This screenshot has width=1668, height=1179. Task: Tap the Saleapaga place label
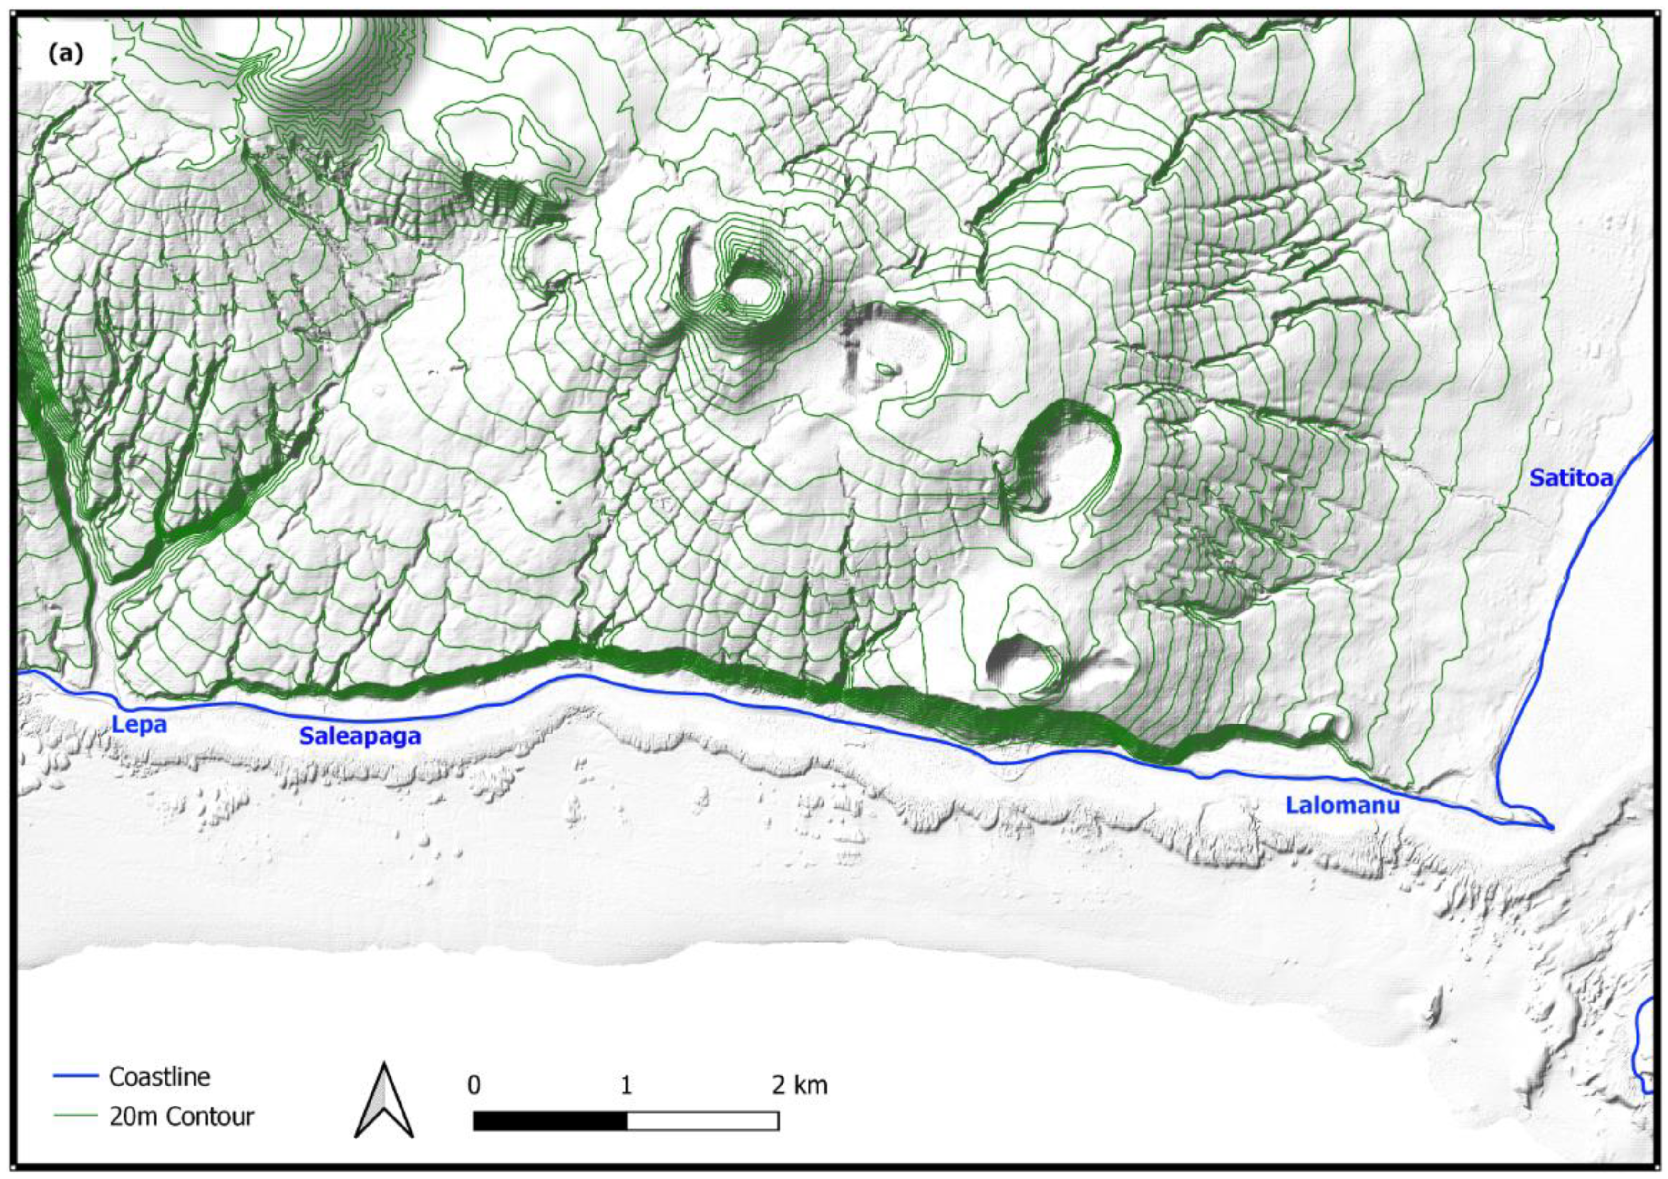coord(360,736)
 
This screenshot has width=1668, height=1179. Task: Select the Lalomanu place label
coord(1342,805)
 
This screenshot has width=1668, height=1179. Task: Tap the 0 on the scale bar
coord(474,1086)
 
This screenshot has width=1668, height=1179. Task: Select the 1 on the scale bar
coord(626,1086)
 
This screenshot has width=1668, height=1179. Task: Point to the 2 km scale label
coord(799,1086)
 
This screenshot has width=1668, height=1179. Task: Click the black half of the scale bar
coord(550,1121)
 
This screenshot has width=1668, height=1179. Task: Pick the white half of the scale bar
coord(702,1121)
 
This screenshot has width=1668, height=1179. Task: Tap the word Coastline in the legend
coord(159,1076)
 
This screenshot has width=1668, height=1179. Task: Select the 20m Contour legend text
coord(182,1117)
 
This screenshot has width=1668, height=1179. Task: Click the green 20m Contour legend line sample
coord(75,1116)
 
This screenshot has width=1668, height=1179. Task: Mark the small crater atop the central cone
coord(751,292)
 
